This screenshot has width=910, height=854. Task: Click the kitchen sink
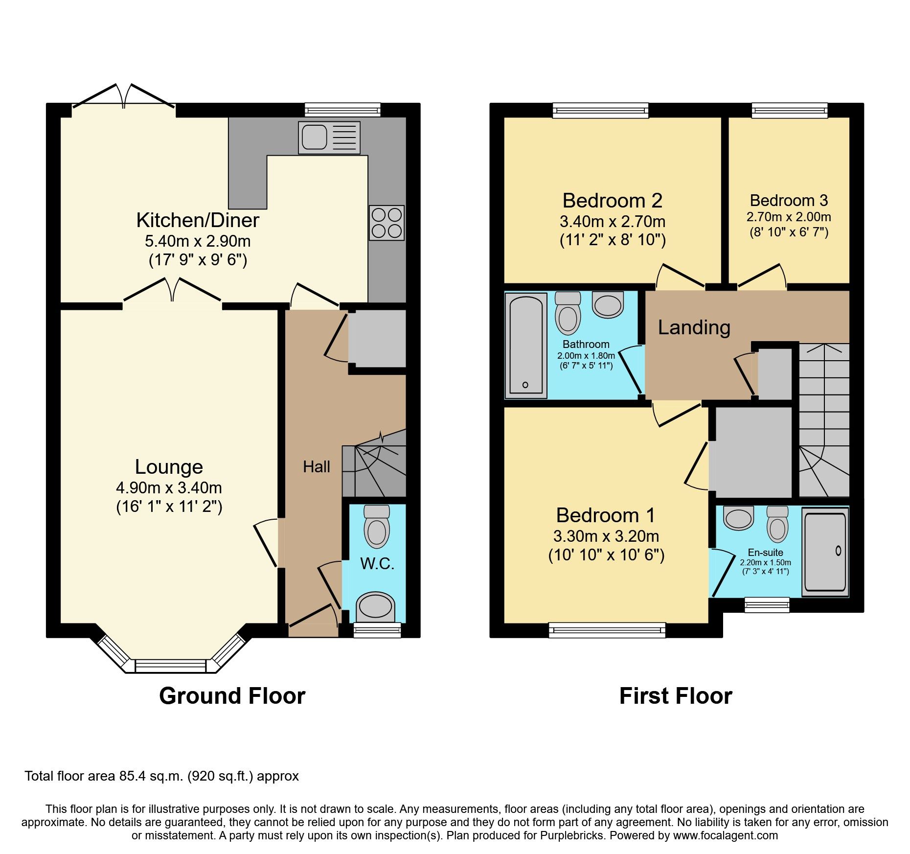[329, 138]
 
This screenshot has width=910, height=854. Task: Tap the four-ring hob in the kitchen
[387, 223]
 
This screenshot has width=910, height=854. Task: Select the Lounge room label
[169, 467]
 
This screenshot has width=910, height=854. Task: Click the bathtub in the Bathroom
[526, 345]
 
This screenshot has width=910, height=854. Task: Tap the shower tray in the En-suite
[825, 551]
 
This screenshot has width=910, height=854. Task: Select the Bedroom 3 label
[789, 201]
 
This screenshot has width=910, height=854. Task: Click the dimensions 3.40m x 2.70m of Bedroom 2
[613, 222]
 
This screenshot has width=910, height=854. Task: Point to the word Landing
[694, 327]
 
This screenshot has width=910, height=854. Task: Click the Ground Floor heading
[232, 696]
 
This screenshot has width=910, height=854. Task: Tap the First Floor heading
[675, 696]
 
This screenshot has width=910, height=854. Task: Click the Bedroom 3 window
[789, 110]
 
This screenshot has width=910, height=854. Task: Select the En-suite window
[767, 605]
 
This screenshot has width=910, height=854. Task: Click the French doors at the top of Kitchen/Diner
[124, 98]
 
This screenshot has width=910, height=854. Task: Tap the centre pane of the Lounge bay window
[171, 666]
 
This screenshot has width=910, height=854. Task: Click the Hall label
[317, 467]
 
